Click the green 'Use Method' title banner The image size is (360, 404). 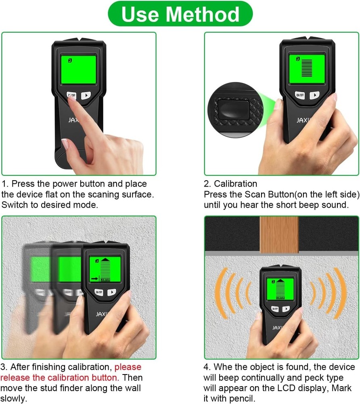click(x=180, y=14)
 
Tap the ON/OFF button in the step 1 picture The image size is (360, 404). click(x=71, y=96)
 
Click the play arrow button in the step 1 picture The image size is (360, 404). click(x=86, y=96)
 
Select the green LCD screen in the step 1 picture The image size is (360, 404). click(x=78, y=70)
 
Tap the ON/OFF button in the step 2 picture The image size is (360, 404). click(x=299, y=95)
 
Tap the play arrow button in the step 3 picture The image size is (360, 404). click(x=112, y=292)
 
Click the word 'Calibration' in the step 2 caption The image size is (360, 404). click(x=235, y=184)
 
